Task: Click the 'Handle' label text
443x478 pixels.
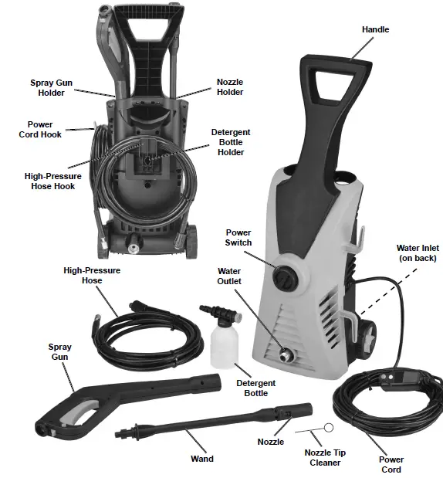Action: click(x=375, y=29)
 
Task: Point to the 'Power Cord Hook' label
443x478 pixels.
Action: click(x=40, y=129)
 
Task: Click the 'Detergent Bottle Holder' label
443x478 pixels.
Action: click(x=230, y=142)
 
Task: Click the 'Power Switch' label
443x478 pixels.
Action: click(x=238, y=237)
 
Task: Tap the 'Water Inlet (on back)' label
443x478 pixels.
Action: click(x=416, y=253)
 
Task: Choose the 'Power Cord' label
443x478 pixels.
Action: click(x=391, y=464)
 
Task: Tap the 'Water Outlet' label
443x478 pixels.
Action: click(x=229, y=276)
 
